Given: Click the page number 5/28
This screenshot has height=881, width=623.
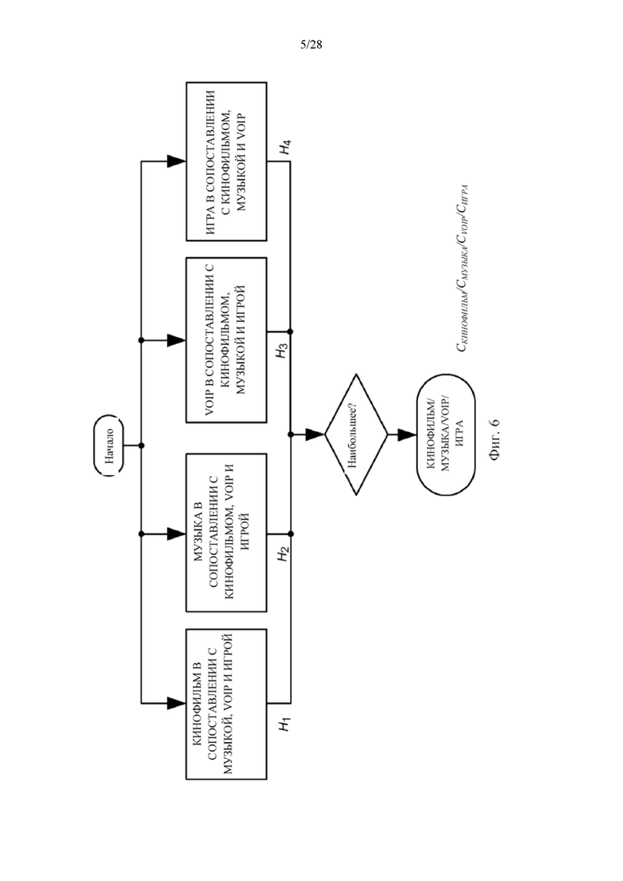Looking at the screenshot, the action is pos(311,45).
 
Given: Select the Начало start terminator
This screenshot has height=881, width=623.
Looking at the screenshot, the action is pos(109,446).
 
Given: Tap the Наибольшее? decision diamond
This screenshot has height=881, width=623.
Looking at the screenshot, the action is pos(356,435).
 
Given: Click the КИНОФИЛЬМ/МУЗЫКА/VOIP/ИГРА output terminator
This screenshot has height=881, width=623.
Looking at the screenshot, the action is pos(446,435).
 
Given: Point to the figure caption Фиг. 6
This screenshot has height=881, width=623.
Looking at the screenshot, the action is pos(494,439).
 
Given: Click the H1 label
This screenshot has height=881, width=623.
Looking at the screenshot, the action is pos(285,724).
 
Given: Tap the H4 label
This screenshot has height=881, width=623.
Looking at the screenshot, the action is pos(285,148).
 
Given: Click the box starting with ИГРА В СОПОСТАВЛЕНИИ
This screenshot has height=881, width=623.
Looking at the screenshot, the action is pos(226,162).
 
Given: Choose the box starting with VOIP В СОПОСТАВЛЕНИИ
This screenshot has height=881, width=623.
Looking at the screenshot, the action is pos(226,340).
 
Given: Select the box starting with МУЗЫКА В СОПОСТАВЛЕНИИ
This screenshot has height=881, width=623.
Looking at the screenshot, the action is pos(226,533).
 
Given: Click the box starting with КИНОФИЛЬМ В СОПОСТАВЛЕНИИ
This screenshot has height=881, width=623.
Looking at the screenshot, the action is pos(226,704).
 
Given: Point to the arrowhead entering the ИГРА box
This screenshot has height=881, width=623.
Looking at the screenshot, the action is pos(177,162).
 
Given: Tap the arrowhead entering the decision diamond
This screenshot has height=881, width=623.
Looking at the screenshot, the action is pos(315,435).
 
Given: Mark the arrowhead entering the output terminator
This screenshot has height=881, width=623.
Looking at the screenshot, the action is pos(407,435).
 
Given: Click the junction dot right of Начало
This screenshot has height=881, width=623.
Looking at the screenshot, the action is pos(141,446).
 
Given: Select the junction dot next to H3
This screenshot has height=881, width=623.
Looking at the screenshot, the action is pos(290,332).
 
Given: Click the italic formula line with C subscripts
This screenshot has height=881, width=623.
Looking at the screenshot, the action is pos(462,268).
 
